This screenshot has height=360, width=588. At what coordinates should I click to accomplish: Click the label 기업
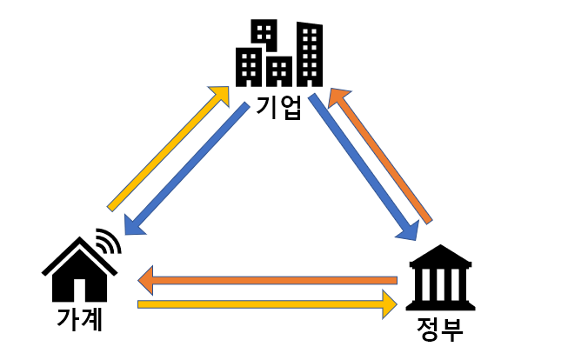[279, 107]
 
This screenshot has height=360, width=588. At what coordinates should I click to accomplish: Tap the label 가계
[80, 319]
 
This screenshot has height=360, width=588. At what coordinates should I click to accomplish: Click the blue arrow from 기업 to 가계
[187, 169]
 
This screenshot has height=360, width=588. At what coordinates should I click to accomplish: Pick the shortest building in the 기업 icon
[280, 70]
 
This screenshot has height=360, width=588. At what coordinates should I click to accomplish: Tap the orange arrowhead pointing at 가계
[147, 280]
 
